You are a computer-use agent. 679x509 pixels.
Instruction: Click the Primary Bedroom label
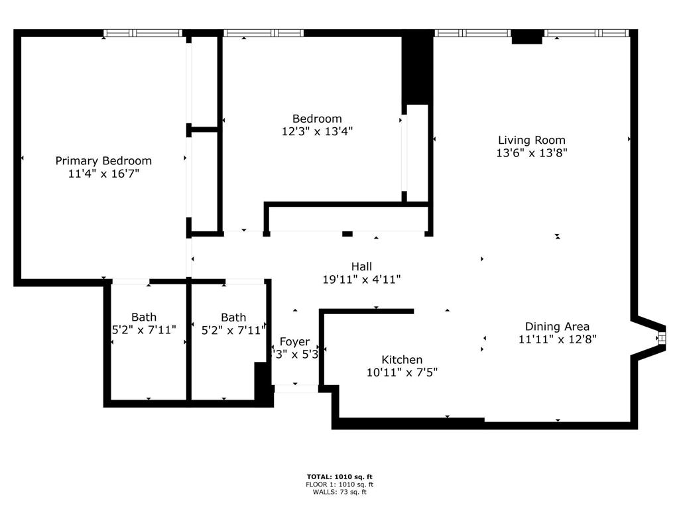[x=103, y=160]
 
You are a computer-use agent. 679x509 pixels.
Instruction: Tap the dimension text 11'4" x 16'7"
[x=103, y=174]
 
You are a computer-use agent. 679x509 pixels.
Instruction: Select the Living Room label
[x=532, y=140]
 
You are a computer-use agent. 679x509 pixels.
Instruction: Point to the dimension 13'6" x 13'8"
[x=532, y=152]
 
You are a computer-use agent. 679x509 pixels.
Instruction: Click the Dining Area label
[x=557, y=326]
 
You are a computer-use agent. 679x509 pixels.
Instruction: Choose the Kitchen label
[x=402, y=359]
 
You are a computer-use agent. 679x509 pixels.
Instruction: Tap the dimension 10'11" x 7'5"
[x=402, y=372]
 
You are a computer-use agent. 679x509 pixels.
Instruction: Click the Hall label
[x=361, y=266]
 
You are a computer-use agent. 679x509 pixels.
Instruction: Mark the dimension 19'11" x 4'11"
[x=361, y=280]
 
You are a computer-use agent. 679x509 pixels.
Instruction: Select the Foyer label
[x=294, y=342]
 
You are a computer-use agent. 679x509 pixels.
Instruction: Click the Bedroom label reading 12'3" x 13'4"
[x=317, y=119]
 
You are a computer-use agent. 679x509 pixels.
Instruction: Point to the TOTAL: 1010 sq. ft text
[x=335, y=477]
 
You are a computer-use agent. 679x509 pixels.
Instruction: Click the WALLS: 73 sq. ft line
[x=335, y=492]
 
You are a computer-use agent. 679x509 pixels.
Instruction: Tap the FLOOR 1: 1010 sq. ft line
[x=335, y=484]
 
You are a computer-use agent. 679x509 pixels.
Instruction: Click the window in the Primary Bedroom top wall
[x=143, y=33]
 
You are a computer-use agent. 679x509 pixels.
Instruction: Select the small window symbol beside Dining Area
[x=660, y=339]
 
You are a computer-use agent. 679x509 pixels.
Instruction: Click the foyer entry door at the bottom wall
[x=296, y=388]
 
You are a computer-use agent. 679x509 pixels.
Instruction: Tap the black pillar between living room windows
[x=527, y=37]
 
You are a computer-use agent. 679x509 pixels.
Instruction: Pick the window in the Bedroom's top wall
[x=263, y=33]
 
